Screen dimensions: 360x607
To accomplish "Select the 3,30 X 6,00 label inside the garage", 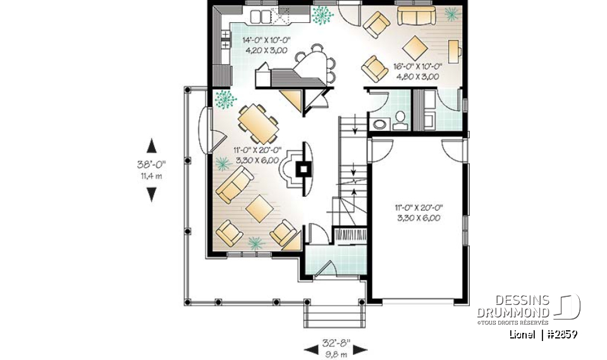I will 419,218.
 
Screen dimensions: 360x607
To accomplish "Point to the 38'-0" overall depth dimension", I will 151,164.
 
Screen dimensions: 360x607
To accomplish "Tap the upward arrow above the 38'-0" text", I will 151,146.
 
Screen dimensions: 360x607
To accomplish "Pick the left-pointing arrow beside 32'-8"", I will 311,349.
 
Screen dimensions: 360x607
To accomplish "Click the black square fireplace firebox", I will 304,169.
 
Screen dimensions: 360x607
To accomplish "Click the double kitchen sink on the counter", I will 261,16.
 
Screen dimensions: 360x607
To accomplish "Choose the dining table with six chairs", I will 258,123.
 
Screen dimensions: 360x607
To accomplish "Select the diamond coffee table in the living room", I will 259,209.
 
